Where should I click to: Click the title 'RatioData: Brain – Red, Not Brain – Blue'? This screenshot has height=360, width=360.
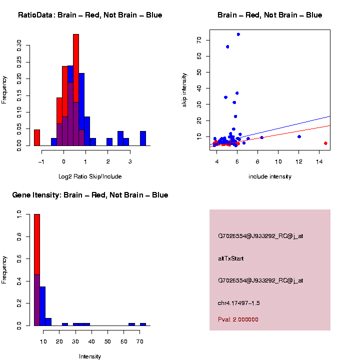point(90,15)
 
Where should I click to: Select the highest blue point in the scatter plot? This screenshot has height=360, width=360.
point(238,34)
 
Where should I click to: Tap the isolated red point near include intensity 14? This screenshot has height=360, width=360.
point(325,143)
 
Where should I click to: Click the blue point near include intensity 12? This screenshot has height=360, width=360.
point(299,136)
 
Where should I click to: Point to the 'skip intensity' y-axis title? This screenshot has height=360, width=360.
point(184,89)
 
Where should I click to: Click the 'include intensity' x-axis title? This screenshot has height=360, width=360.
point(270,176)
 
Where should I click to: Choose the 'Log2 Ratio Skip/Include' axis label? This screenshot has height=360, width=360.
point(90,176)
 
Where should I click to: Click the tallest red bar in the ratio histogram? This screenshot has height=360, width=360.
point(76,90)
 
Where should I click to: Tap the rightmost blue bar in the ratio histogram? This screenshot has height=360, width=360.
point(143,138)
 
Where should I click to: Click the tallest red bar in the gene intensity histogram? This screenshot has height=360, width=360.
point(36,270)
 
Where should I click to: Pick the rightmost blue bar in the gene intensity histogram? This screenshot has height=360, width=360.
point(142,324)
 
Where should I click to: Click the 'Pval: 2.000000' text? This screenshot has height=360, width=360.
point(238,319)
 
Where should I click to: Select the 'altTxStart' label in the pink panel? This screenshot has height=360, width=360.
point(230,258)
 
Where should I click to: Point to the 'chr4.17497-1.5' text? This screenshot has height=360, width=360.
point(238,303)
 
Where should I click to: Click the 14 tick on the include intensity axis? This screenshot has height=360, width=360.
point(319,161)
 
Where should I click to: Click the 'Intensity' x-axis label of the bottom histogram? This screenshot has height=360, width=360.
point(90,356)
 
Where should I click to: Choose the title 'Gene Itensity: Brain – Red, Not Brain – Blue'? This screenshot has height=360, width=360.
point(90,195)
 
